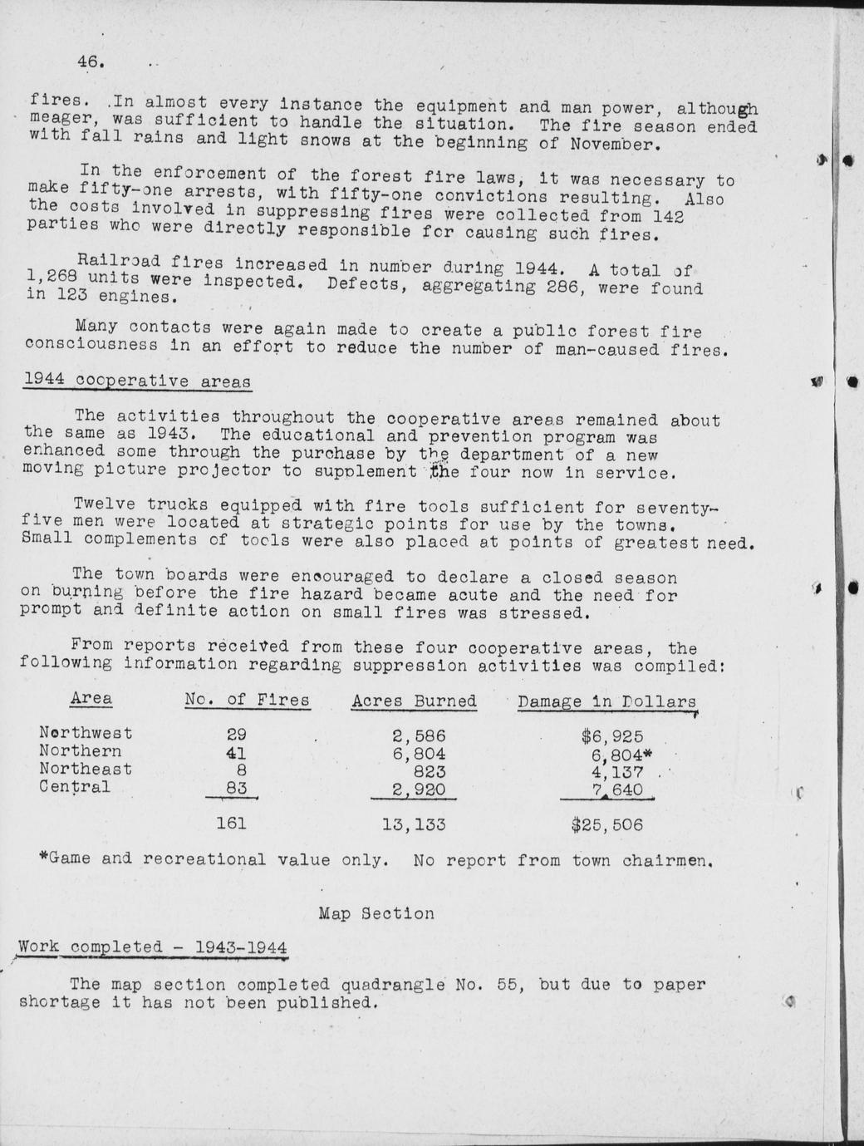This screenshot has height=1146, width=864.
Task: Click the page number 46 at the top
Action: (89, 61)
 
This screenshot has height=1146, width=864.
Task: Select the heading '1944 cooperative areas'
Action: (137, 381)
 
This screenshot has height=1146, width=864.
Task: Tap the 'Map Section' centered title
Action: (376, 913)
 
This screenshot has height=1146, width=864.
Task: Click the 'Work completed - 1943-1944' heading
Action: (153, 947)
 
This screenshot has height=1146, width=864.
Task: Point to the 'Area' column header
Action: (91, 698)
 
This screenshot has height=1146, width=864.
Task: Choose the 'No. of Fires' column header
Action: (247, 700)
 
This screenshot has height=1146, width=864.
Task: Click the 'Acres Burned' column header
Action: (414, 701)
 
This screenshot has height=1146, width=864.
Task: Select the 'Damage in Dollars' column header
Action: (606, 701)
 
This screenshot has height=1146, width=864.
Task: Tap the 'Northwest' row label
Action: (86, 732)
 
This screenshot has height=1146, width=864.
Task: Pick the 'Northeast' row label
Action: (86, 770)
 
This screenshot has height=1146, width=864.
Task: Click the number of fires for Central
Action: (237, 788)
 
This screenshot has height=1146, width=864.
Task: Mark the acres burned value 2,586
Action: (419, 735)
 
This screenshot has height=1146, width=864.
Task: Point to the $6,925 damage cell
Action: (612, 736)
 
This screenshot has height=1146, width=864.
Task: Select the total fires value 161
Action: (231, 824)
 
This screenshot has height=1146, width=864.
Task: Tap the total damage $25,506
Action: (607, 825)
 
